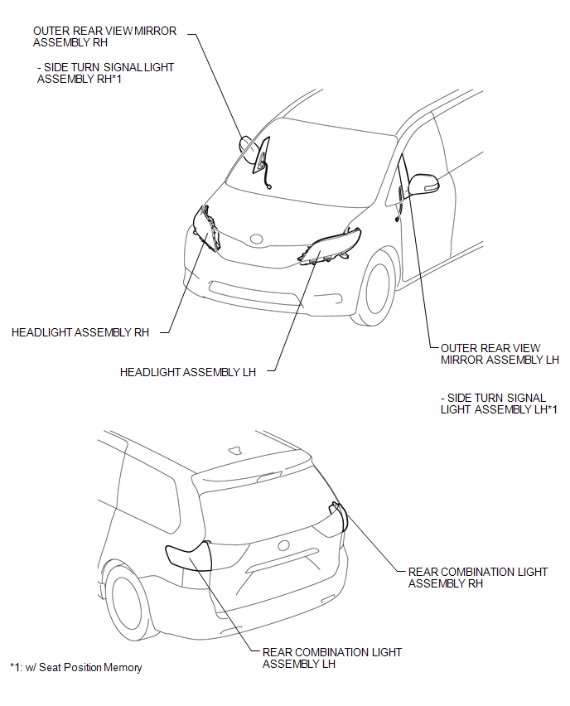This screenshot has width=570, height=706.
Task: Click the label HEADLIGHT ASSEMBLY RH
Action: tap(80, 333)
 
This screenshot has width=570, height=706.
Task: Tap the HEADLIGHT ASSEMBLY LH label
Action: tap(188, 372)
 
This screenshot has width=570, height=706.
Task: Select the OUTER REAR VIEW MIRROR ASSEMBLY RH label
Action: tap(104, 36)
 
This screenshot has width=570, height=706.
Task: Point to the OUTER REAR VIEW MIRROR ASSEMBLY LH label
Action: tap(500, 354)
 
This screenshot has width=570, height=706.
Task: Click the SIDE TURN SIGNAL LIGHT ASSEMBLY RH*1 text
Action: tap(105, 73)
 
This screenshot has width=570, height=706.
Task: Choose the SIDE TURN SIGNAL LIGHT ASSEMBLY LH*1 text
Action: tap(499, 404)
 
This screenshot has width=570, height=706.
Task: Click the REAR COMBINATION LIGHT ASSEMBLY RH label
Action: tap(478, 578)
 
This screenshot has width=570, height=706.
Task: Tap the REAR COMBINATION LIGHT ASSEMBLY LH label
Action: tap(332, 658)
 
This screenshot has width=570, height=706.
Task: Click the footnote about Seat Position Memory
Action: tap(76, 667)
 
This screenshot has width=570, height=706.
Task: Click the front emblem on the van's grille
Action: tap(257, 239)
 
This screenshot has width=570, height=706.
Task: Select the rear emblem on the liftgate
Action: tap(283, 545)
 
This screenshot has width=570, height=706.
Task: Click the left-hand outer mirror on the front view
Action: tap(423, 184)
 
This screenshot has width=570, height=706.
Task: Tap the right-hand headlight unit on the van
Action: tap(207, 228)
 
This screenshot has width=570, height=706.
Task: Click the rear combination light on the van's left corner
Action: tap(189, 557)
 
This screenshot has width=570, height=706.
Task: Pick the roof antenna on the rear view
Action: tap(235, 449)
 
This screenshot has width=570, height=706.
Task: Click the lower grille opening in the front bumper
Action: tap(255, 293)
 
